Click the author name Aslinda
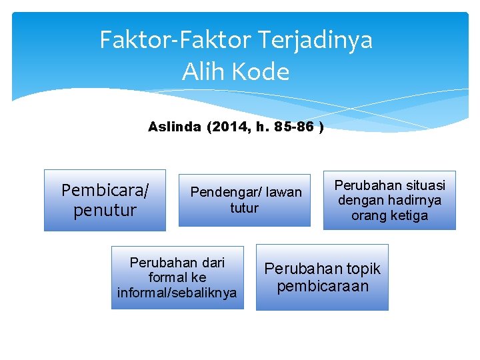tap(174, 127)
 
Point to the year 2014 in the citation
tap(227, 127)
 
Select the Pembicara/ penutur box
tap(105, 200)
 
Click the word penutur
tap(105, 211)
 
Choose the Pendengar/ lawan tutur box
tap(245, 200)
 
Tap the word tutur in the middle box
tap(245, 208)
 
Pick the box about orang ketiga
tap(389, 200)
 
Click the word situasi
tap(423, 185)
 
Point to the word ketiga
tap(407, 215)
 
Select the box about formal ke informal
tap(177, 277)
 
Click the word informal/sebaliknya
tap(177, 293)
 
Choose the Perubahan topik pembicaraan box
tap(322, 277)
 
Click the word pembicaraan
tap(323, 286)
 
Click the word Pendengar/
tap(223, 193)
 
